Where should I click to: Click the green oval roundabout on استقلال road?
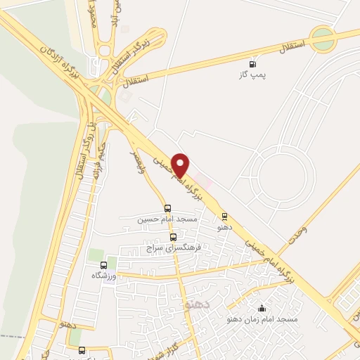pyautogui.click(x=323, y=39)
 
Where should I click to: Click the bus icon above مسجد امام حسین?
pyautogui.click(x=167, y=208)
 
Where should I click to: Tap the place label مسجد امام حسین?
pyautogui.click(x=167, y=219)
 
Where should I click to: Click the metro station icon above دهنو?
pyautogui.click(x=224, y=217)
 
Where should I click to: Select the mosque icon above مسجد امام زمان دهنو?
pyautogui.click(x=262, y=308)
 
